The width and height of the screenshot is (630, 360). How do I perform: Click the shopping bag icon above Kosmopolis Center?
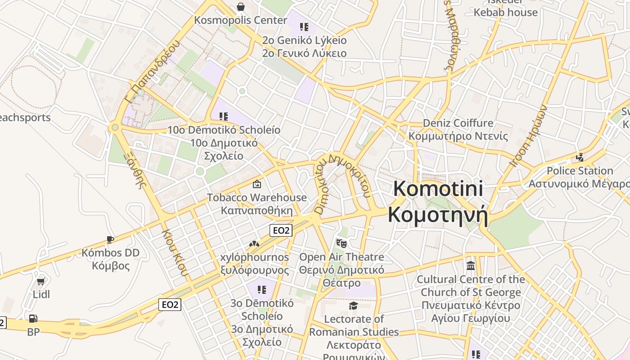(241, 7)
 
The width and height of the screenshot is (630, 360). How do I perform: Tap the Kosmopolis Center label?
(240, 20)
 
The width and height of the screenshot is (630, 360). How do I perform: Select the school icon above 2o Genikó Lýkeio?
(304, 27)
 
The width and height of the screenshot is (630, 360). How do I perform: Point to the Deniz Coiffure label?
(458, 123)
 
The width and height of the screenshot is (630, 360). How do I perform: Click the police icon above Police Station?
(580, 157)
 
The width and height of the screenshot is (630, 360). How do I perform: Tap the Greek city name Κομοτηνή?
(438, 214)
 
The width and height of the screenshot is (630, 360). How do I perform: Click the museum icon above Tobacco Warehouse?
(256, 184)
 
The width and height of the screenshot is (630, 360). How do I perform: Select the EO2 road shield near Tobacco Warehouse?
(281, 230)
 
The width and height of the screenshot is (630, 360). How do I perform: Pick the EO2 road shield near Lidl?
(170, 305)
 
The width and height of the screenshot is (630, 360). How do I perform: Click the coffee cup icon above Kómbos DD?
(110, 239)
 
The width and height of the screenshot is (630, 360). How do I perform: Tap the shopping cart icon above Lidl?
(41, 282)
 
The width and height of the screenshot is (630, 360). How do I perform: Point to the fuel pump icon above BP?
(33, 319)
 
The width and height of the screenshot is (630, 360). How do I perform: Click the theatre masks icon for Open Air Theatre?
(342, 243)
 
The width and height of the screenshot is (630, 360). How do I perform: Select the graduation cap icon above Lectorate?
(353, 306)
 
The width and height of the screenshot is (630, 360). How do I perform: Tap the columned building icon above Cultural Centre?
(471, 265)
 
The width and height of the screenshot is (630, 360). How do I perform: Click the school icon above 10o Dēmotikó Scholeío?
(224, 117)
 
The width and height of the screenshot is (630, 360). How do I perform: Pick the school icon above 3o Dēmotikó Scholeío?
(261, 290)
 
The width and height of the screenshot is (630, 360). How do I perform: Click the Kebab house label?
(505, 12)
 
